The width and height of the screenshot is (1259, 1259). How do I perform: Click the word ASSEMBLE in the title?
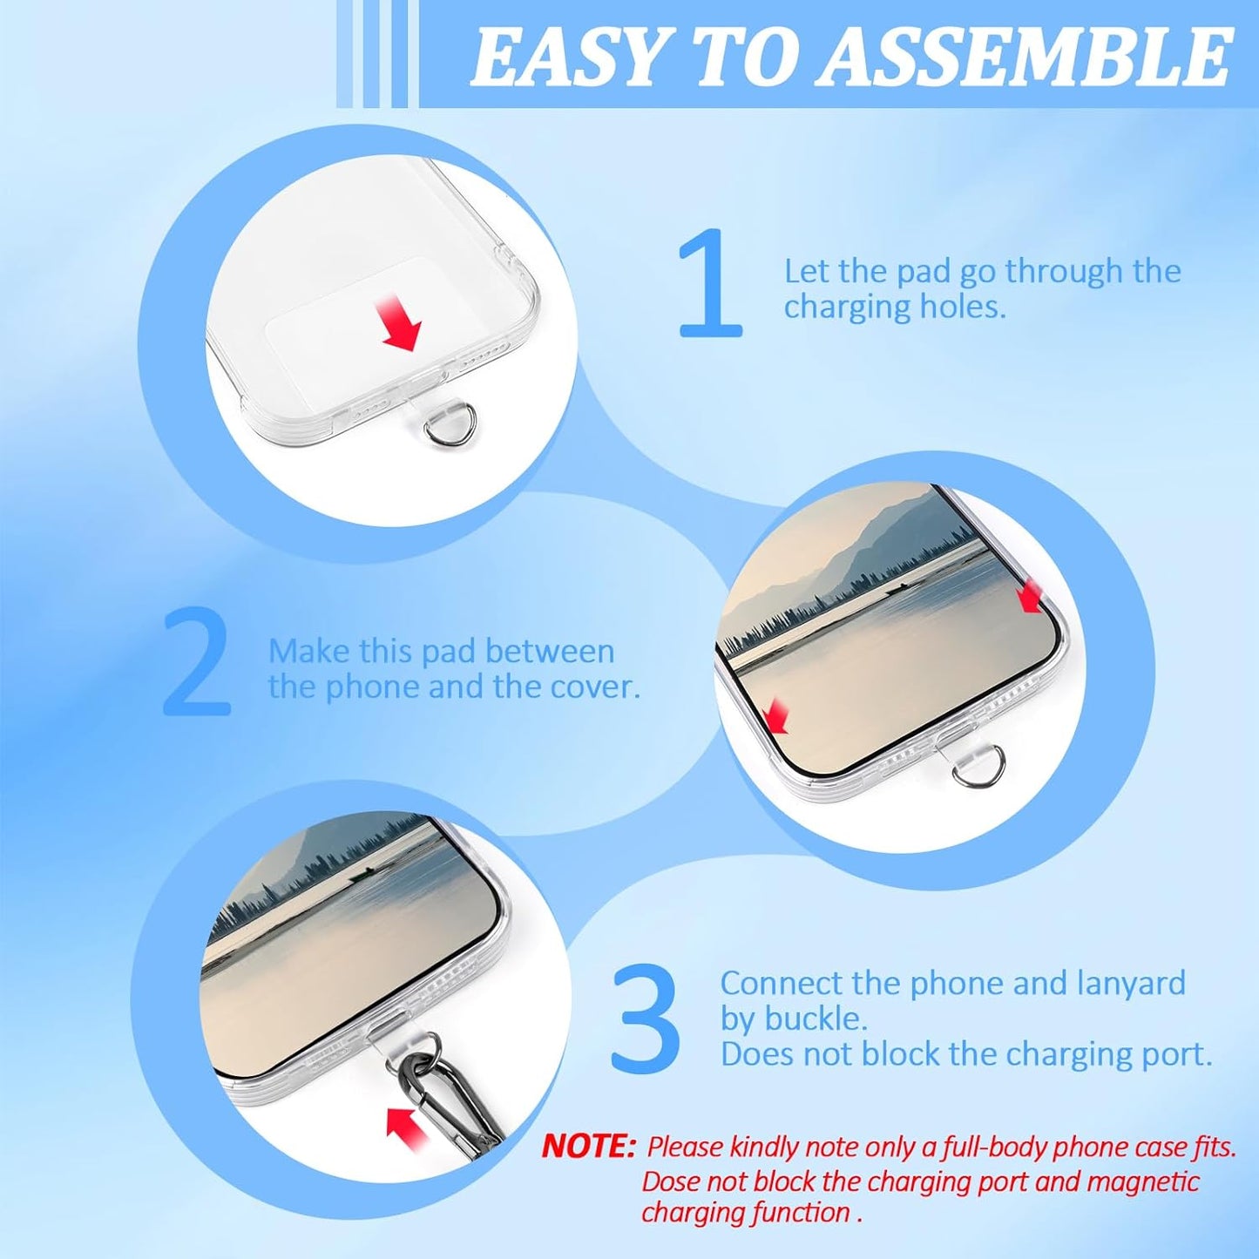point(1023,58)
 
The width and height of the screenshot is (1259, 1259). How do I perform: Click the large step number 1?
point(712,283)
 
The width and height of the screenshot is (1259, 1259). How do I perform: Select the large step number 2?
point(197,660)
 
